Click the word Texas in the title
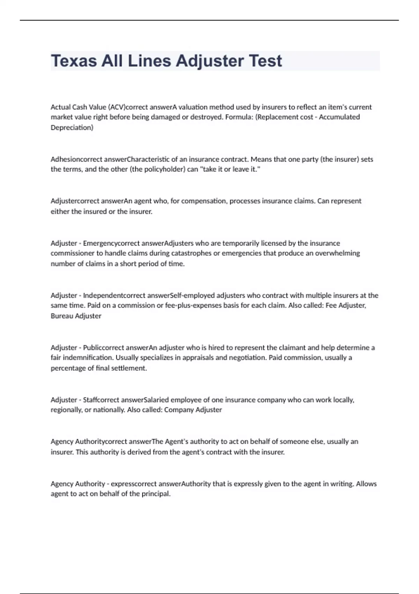[74, 61]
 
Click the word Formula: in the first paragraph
[239, 117]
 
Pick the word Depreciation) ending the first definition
[72, 128]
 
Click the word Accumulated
[339, 117]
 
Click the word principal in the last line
[156, 494]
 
